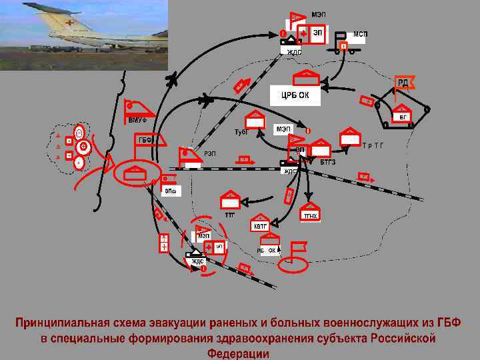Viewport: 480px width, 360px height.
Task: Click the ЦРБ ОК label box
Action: click(x=295, y=95)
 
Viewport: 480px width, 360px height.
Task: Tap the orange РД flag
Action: click(x=403, y=83)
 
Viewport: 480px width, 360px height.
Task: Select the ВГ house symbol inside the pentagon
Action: click(x=401, y=113)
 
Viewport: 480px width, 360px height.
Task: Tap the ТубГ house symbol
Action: click(x=255, y=120)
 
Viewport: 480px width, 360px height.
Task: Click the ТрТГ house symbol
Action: click(x=349, y=137)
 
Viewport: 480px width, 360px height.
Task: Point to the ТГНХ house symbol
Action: click(x=310, y=211)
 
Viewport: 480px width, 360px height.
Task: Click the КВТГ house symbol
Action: click(x=260, y=223)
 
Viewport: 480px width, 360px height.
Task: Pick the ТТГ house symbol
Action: click(x=230, y=200)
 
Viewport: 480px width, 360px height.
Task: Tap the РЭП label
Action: click(x=209, y=154)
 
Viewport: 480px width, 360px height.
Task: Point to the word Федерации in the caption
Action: click(x=238, y=353)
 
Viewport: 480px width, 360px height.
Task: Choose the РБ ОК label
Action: click(x=267, y=250)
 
